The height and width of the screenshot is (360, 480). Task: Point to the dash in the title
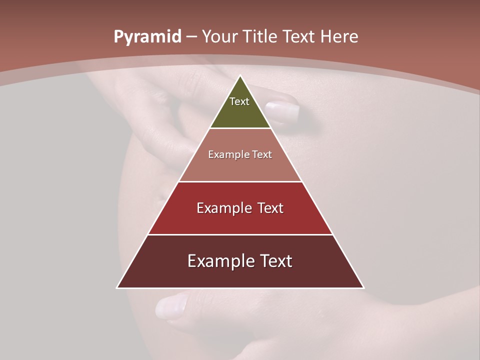click(x=191, y=37)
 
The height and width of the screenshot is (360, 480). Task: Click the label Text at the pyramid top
click(x=239, y=101)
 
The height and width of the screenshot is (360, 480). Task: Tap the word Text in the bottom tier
click(x=274, y=261)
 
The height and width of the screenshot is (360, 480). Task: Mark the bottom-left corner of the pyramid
click(x=117, y=287)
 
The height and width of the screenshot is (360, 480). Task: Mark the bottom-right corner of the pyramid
click(x=363, y=287)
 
